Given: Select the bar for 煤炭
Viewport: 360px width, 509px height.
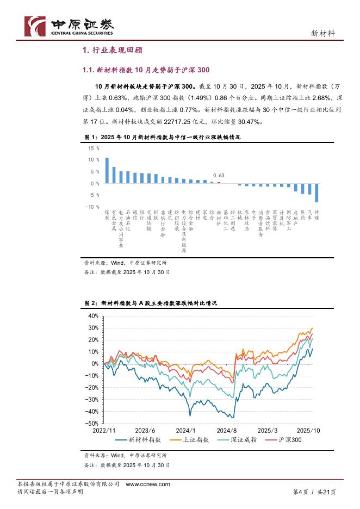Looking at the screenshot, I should tap(107, 170).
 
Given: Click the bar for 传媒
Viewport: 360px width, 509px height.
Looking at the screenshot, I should tap(316, 193).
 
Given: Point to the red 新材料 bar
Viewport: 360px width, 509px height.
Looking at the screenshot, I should tap(219, 183).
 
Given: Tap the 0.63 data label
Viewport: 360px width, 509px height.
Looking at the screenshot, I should tap(219, 176).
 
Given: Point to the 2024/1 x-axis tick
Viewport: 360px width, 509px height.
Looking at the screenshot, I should tap(185, 429).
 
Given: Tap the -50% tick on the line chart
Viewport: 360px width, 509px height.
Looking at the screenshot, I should tap(93, 423).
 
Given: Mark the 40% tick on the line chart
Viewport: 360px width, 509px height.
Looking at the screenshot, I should tap(94, 316).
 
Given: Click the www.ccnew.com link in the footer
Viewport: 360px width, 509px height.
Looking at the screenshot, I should tap(148, 484).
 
